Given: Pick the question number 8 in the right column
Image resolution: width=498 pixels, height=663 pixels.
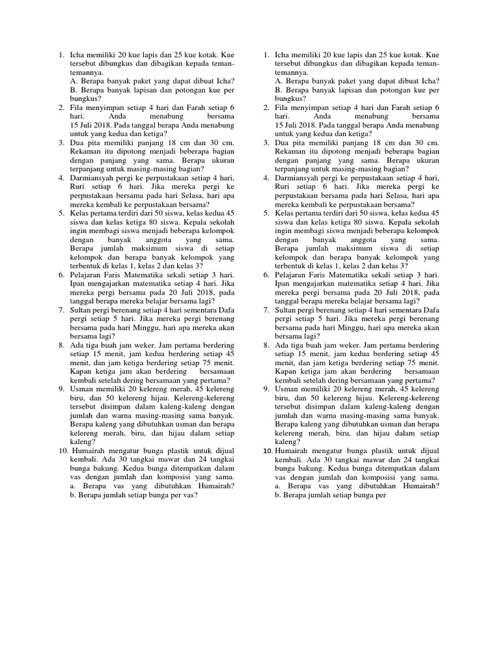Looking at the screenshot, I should pyautogui.click(x=267, y=346).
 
